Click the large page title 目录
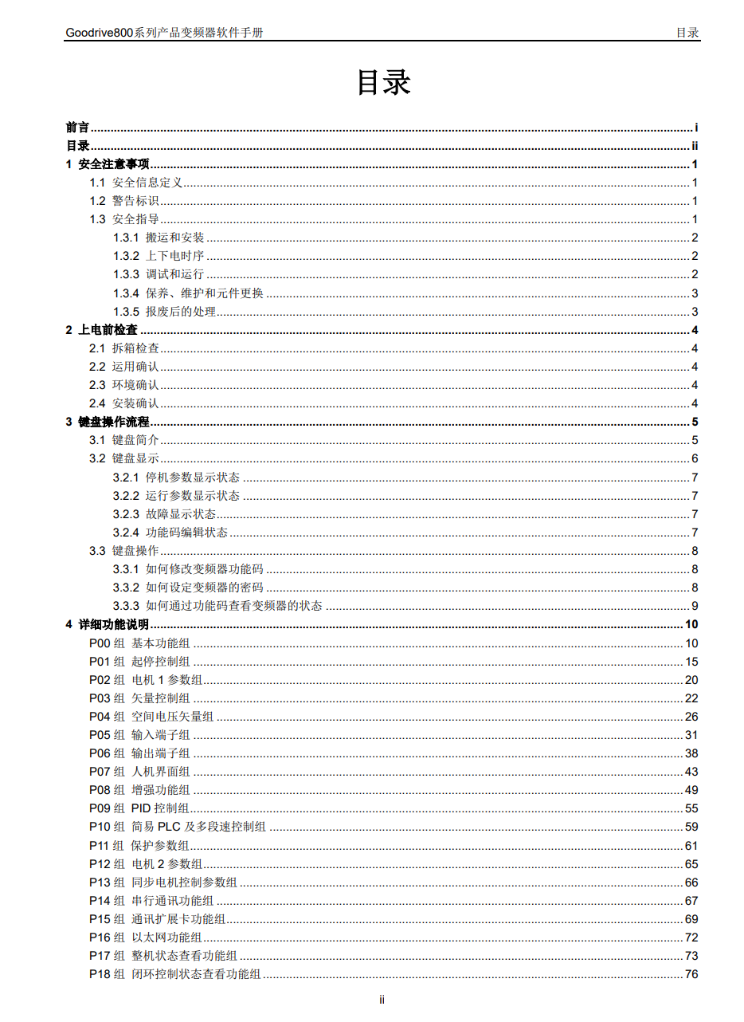383,82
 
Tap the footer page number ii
382,1000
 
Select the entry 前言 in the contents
77,128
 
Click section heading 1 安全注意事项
107,164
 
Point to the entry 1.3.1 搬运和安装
159,238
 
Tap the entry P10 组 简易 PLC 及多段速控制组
178,827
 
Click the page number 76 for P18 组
691,974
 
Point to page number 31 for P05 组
691,735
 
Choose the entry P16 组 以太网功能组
145,937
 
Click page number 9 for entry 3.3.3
695,606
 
